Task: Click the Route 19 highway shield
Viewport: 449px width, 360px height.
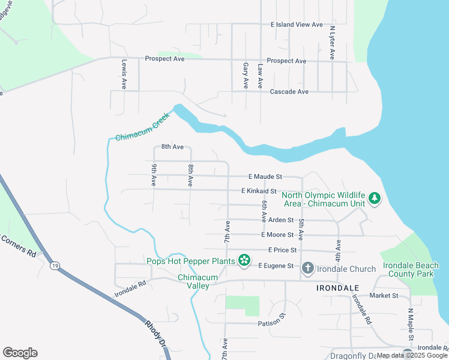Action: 55,265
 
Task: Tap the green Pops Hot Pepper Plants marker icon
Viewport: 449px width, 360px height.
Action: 244,260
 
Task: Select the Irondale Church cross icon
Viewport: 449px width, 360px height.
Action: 307,267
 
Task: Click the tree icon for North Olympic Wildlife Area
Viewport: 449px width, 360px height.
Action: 375,198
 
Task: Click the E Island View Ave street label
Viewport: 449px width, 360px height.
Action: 297,25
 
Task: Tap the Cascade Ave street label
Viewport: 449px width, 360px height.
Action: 289,92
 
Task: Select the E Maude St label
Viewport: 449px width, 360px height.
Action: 265,177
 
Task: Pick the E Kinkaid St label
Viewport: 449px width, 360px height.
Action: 259,191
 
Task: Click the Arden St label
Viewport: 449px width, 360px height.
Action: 280,220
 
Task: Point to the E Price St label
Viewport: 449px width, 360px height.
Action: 279,250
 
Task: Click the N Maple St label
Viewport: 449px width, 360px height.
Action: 411,324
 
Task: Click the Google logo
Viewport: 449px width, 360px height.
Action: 20,353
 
